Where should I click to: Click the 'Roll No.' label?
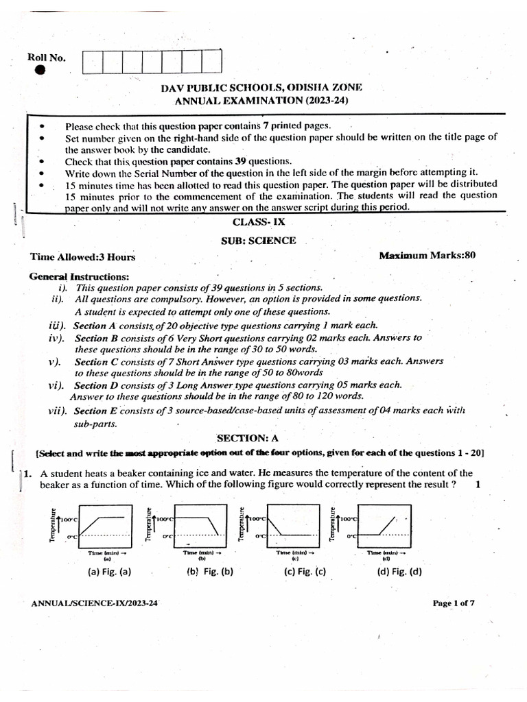[47, 58]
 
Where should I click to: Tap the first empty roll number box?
[92, 62]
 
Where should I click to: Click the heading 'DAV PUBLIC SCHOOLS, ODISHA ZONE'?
[261, 87]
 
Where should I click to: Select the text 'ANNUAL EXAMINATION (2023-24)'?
[261, 100]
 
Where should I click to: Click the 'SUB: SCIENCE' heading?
[258, 241]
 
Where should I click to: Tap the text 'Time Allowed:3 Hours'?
[82, 257]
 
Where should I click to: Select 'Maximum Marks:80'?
[427, 256]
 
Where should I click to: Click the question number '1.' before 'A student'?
[27, 473]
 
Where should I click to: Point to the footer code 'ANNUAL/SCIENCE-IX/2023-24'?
[95, 603]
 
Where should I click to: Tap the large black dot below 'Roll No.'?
[40, 70]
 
